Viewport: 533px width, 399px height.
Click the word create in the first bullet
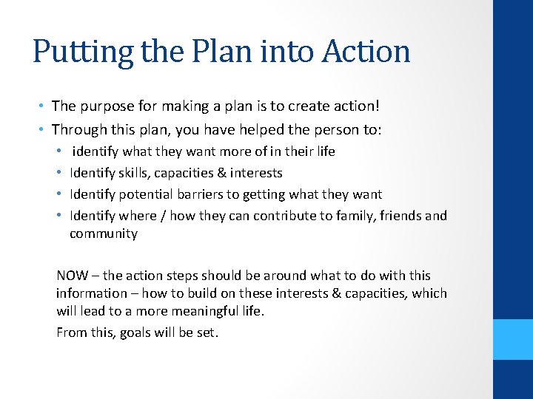[x=279, y=106]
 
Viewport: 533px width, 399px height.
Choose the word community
[x=104, y=233]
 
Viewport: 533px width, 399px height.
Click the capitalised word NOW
[x=72, y=276]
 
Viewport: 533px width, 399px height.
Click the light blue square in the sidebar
[x=513, y=338]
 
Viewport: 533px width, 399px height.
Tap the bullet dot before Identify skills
[x=59, y=173]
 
